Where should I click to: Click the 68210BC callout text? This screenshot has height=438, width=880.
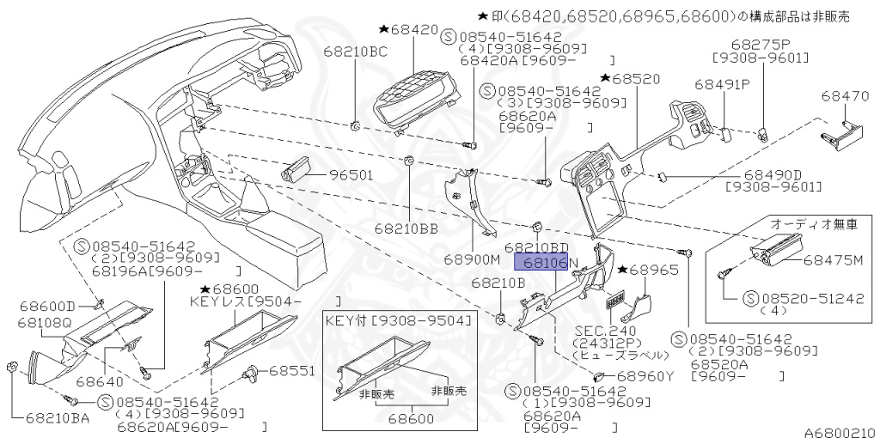coord(355,52)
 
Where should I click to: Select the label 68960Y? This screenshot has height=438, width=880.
coord(645,375)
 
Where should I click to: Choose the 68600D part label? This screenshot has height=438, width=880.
coord(45,306)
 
